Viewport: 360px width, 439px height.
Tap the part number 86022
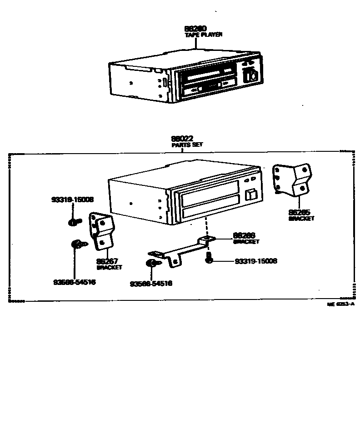[182, 139]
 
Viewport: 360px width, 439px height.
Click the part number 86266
[244, 236]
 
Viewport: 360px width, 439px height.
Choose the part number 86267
[107, 262]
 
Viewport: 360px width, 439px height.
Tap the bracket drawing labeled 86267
[102, 231]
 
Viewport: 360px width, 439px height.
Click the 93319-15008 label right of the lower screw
[256, 261]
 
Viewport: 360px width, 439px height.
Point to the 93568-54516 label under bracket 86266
[151, 284]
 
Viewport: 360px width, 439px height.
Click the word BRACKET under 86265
[301, 219]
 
